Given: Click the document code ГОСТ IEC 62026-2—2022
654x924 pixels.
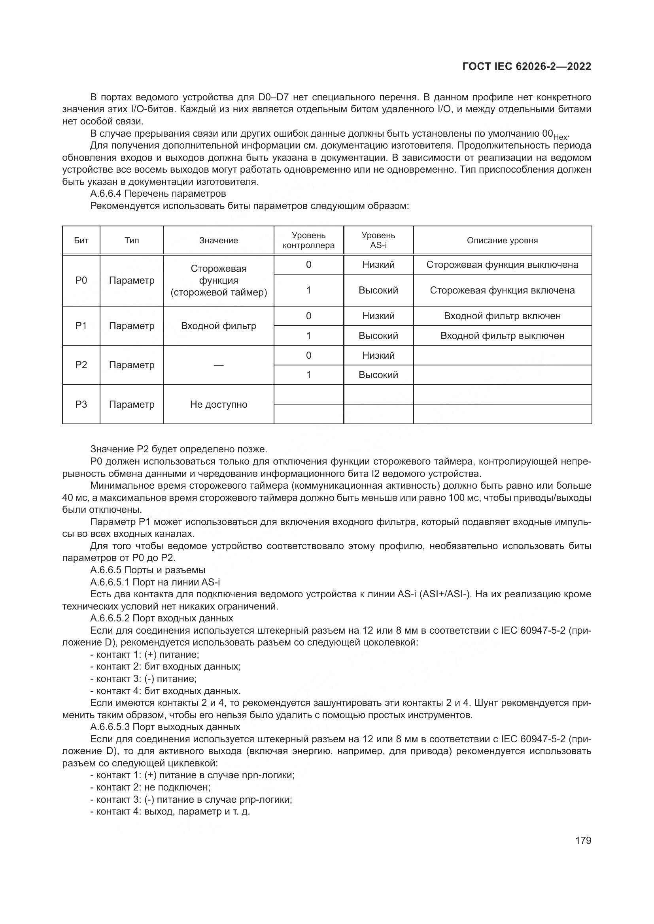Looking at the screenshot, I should tap(526, 66).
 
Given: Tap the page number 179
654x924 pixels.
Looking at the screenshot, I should tap(583, 840).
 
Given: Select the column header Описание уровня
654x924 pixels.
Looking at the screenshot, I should tap(502, 240).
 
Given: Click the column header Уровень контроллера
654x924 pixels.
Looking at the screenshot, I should tap(308, 240).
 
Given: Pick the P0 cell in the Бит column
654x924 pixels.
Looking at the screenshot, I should tap(81, 280).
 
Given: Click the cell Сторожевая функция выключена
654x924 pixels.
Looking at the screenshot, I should tap(502, 265).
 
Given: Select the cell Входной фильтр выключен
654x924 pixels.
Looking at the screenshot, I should tap(502, 336).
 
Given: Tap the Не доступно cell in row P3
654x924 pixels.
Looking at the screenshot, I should tap(219, 405).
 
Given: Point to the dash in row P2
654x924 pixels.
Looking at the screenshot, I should tap(219, 365).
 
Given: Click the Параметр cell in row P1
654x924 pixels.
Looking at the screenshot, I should tap(132, 326).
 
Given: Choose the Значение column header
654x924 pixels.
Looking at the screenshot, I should tap(219, 240).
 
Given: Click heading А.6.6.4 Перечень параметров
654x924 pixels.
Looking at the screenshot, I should tap(158, 194).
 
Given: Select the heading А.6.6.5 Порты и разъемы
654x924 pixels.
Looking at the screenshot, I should tap(148, 570).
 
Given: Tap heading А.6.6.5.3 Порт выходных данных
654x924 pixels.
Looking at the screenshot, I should tap(165, 727).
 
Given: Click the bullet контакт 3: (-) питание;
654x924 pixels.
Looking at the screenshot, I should tap(144, 679).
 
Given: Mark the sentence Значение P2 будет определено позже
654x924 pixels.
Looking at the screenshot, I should tap(179, 449).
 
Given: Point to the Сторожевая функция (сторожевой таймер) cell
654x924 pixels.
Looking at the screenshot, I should tap(219, 280).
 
